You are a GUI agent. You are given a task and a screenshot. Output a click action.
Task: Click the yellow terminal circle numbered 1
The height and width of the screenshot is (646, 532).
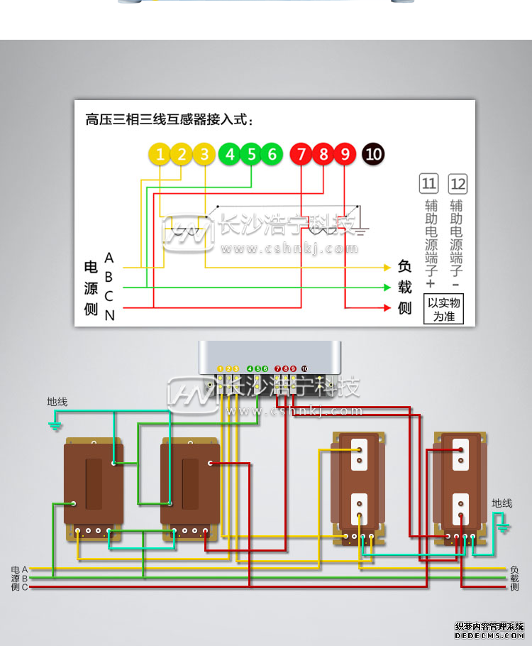160,154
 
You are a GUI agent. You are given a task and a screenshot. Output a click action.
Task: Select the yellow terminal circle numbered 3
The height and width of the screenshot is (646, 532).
204,154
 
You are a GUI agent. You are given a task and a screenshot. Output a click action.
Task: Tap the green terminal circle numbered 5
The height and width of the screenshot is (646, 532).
250,154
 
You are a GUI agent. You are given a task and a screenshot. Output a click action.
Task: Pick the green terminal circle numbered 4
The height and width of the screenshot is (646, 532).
228,154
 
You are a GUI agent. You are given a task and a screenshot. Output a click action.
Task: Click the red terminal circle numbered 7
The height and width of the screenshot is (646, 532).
301,154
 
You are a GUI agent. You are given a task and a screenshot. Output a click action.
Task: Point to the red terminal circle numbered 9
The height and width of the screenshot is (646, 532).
345,154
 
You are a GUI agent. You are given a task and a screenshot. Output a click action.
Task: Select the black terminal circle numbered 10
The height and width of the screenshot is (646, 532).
373,154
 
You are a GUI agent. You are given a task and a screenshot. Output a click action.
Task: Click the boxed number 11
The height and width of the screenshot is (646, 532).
429,185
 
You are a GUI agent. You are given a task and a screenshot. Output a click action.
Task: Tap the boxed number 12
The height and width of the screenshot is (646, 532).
458,185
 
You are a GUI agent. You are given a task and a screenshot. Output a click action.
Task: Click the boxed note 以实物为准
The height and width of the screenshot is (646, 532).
444,310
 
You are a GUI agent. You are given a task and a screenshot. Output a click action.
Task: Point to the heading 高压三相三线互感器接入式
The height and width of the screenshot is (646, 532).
169,119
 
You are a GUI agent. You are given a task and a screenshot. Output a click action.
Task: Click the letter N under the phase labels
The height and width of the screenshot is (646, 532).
109,315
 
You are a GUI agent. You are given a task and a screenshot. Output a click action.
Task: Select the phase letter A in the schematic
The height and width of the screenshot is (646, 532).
109,257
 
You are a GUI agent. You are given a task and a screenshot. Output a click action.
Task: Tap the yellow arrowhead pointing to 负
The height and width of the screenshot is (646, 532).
387,268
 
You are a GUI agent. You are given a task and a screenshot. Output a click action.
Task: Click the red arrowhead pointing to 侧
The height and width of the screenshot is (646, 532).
387,308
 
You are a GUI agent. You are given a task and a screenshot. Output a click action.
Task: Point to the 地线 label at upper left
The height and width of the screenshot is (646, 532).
57,402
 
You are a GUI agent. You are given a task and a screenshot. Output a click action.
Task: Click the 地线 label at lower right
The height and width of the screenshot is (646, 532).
501,503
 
